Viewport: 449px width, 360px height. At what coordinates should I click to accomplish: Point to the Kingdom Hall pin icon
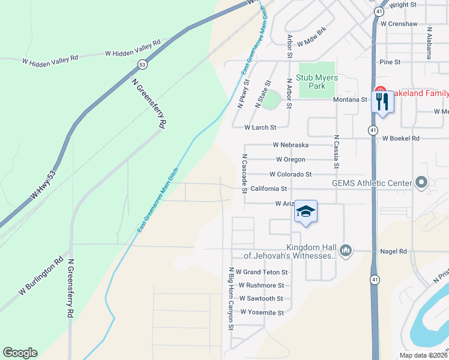[345, 249]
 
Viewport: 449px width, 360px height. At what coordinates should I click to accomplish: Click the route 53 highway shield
[142, 64]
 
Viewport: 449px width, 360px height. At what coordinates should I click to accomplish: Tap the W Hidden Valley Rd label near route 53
[133, 48]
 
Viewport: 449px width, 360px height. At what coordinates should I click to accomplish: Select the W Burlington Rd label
[41, 277]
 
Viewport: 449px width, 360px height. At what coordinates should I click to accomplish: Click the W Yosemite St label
[262, 313]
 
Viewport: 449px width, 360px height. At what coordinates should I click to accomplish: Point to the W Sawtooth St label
[261, 298]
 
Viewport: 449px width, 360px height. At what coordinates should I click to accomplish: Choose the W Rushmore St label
[261, 286]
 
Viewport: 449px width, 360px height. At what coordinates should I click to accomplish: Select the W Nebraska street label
[291, 145]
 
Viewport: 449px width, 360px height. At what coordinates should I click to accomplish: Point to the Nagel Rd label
[394, 251]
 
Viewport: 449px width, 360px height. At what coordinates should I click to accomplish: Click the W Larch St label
[260, 127]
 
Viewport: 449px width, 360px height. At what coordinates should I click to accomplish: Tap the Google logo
[20, 353]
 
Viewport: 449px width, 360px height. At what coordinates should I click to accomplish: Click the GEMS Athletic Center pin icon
[421, 182]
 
